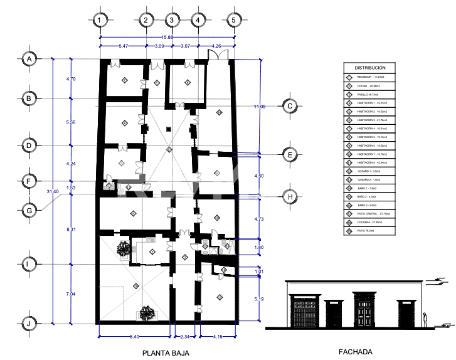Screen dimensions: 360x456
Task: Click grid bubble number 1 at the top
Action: [100, 20]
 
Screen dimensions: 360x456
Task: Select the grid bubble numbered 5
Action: [234, 20]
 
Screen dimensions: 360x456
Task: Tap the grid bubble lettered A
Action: [29, 58]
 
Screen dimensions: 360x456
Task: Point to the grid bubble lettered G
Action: [29, 211]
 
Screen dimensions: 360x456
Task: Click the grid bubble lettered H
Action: [290, 196]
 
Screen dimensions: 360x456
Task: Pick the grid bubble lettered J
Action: [29, 324]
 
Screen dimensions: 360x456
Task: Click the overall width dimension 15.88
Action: [167, 36]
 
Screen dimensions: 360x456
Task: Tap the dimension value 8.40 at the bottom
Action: [134, 337]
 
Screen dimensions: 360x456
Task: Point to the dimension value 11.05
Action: [260, 107]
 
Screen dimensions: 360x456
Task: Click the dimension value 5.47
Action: [123, 46]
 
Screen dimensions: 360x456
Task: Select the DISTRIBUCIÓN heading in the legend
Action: [370, 67]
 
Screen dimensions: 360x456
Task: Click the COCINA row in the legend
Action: [370, 85]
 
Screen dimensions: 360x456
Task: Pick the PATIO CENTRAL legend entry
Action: [370, 213]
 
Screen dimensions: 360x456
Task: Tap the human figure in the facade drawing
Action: [426, 320]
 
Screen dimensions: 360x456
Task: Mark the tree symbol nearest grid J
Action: [148, 312]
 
